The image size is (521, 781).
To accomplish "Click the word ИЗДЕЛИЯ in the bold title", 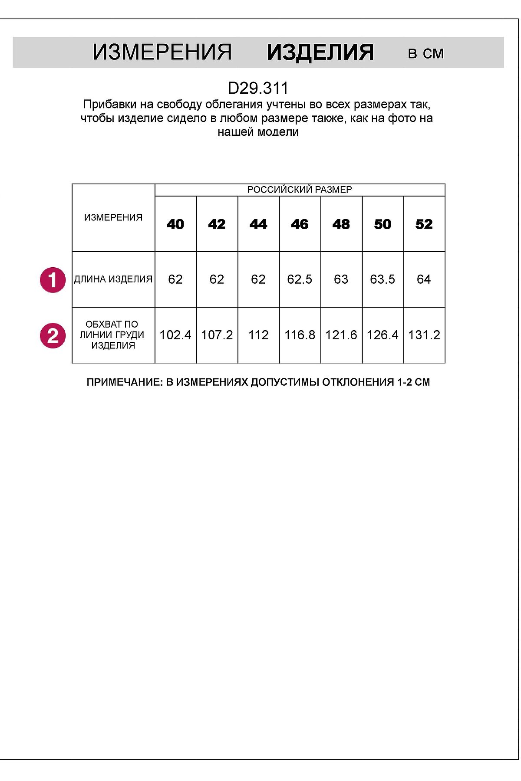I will pos(320,53).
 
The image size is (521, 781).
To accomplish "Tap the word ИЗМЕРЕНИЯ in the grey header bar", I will pos(162,53).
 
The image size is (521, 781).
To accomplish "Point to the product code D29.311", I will pos(258,89).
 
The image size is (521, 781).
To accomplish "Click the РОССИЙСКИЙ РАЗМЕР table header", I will pos(299,190).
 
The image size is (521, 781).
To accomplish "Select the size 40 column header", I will pos(175,224).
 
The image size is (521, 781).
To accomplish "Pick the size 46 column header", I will pos(300,224).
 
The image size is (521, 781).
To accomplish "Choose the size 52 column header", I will pos(424,224).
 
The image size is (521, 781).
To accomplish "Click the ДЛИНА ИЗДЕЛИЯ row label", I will pos(113,279).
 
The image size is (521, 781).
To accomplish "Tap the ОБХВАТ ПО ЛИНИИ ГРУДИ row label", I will pos(112,335).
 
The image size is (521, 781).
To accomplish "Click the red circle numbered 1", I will pos(53,280).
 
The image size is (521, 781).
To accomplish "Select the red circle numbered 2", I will pos(53,336).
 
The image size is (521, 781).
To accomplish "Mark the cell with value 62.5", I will pos(300,279).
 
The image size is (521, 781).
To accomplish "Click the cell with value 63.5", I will pos(383,279).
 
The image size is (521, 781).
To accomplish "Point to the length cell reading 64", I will pos(424,279).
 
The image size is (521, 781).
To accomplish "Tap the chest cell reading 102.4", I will pos(175,335).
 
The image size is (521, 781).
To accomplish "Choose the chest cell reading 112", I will pos(258,335).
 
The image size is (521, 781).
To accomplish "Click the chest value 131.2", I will pos(424,335).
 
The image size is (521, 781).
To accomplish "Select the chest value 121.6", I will pos(341,335).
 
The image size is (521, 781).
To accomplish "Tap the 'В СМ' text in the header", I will pos(426,54).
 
